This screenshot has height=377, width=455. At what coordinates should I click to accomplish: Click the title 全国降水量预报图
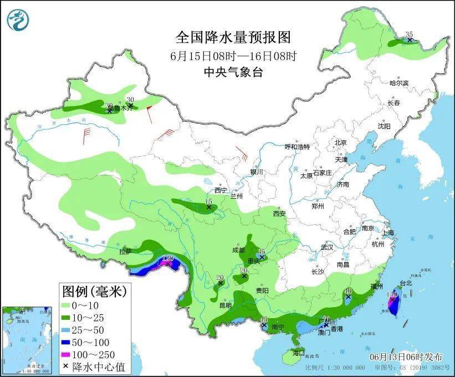click(233, 37)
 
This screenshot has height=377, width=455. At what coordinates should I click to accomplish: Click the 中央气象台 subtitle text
click(233, 71)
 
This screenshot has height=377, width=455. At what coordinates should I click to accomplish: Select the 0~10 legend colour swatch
click(70, 305)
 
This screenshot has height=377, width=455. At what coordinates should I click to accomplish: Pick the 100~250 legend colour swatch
click(70, 354)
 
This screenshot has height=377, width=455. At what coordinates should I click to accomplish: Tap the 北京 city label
click(340, 142)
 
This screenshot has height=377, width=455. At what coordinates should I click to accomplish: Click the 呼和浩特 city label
click(297, 147)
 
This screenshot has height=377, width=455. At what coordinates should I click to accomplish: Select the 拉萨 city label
click(125, 251)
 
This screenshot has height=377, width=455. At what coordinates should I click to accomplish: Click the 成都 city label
click(238, 250)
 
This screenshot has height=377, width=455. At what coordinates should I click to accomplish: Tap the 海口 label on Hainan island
click(298, 353)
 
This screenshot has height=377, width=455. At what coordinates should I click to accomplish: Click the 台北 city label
click(406, 283)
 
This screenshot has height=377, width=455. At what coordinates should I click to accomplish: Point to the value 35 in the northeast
click(410, 34)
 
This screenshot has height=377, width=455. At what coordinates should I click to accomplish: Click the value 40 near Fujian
click(348, 291)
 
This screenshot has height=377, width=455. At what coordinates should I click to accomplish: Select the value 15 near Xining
click(209, 201)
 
